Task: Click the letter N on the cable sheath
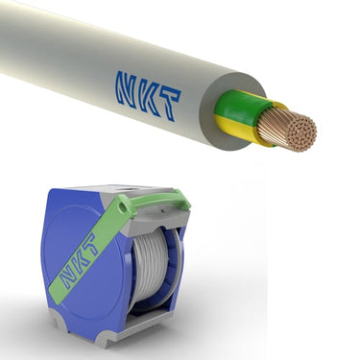pyautogui.click(x=127, y=88)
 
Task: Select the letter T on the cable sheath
pyautogui.click(x=168, y=105)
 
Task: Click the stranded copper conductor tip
pyautogui.click(x=287, y=130)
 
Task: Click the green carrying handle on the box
pyautogui.click(x=156, y=201)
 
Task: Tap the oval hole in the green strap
pyautogui.click(x=122, y=207)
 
